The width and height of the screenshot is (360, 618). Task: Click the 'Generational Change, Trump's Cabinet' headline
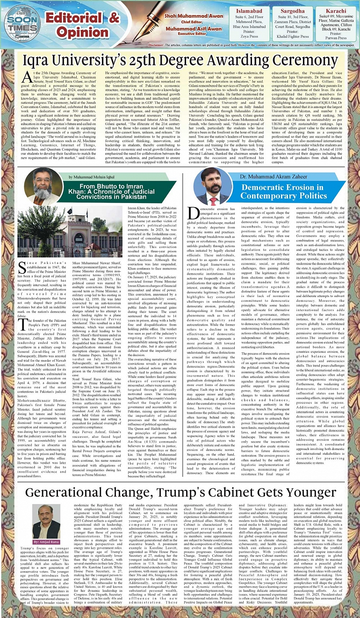180,480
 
